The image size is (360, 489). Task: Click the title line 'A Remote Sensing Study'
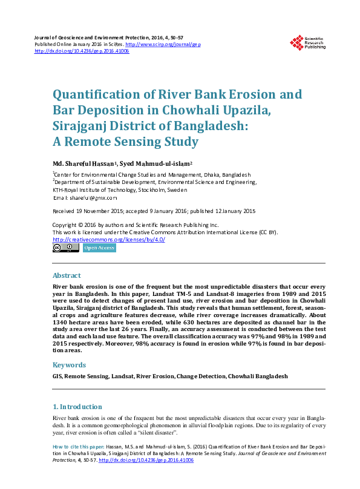coord(126,142)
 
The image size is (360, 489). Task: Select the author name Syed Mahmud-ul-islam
coord(155,164)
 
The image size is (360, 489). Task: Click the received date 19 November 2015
coord(97,211)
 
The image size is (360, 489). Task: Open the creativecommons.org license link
coord(109,239)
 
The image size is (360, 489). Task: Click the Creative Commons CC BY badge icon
coord(65,248)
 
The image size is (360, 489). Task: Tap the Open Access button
coord(99,248)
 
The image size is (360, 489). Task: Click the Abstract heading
coord(67,275)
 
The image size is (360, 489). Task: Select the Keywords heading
coord(69,365)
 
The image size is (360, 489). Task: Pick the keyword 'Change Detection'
coord(201,376)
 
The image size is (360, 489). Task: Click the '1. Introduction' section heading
coord(78,406)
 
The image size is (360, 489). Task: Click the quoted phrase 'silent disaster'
coord(155,433)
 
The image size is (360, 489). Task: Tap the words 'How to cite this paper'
coord(77,446)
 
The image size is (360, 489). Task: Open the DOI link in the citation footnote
coord(145,460)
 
